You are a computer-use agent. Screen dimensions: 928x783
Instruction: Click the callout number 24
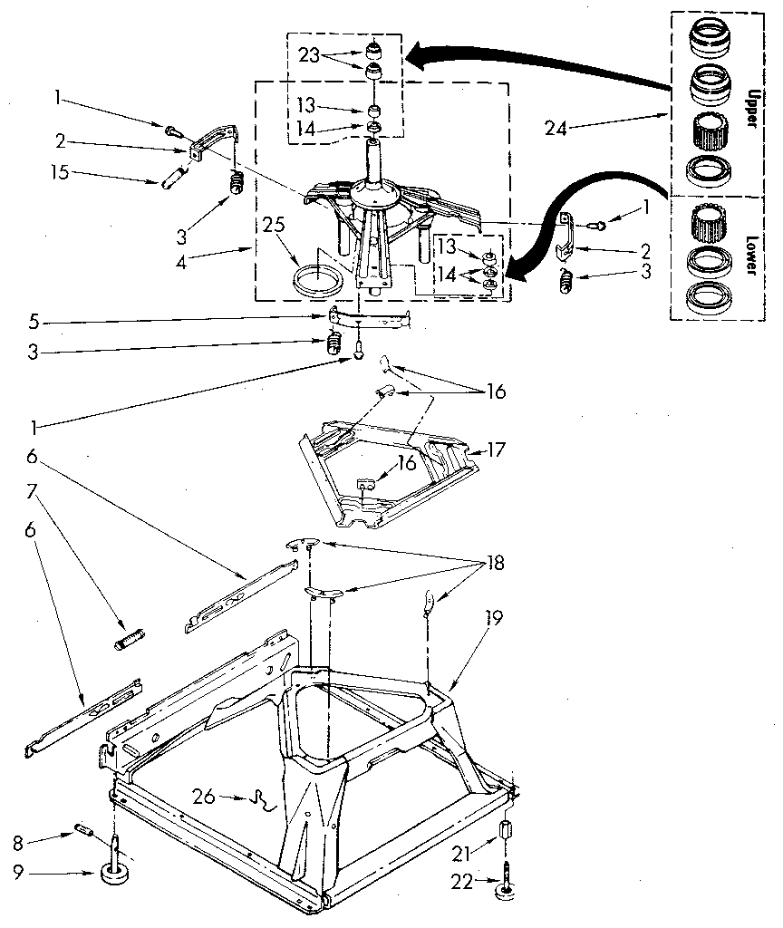[555, 129]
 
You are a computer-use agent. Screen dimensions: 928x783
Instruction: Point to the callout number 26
[204, 797]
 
